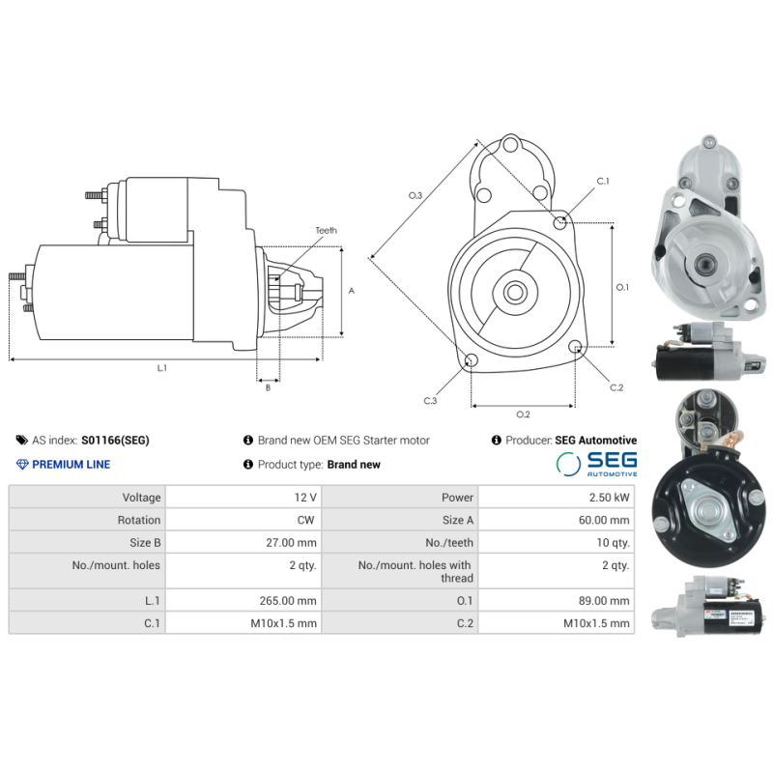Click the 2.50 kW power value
point(612,498)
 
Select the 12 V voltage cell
point(305,498)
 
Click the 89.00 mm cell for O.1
point(607,600)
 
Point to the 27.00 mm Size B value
point(293,543)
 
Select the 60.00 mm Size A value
point(607,520)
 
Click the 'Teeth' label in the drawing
point(326,231)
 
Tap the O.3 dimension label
point(415,196)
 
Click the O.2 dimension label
point(523,415)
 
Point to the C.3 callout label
point(430,400)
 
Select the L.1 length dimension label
point(162,368)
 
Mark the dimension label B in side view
point(268,387)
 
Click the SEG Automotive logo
point(596,464)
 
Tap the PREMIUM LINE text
point(71,465)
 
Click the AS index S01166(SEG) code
point(114,441)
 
